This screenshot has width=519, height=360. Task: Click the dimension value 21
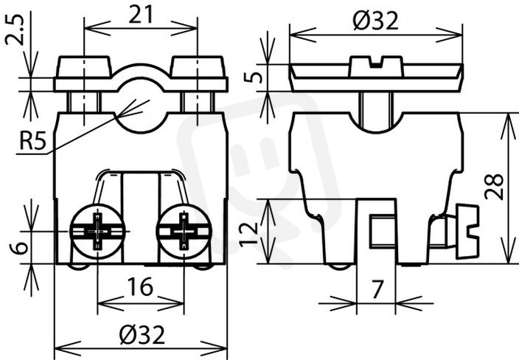(141, 15)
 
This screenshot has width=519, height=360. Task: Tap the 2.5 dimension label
(15, 30)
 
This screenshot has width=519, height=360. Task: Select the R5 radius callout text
(32, 142)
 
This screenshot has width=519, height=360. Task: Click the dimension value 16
(141, 287)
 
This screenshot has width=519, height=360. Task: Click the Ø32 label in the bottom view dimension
(142, 335)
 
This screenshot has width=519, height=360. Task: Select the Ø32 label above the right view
(375, 21)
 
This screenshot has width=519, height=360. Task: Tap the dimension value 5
(253, 77)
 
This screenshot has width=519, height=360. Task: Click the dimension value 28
(494, 187)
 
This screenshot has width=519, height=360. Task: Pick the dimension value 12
(248, 235)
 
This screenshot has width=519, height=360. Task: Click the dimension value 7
(377, 289)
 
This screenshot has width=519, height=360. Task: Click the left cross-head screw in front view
(97, 231)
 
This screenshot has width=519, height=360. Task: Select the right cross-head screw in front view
(184, 231)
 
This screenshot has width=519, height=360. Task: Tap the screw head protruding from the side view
(467, 231)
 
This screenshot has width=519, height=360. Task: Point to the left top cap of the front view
(84, 67)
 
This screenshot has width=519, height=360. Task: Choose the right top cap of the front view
(198, 67)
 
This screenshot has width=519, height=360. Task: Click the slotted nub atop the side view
(376, 66)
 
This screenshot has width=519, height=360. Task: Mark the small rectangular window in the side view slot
(383, 231)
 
